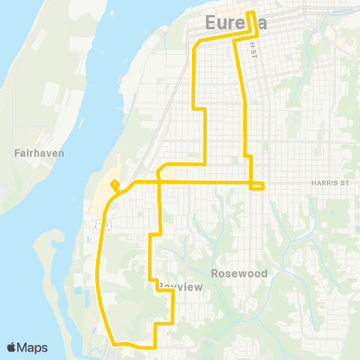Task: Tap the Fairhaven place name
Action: click(x=39, y=153)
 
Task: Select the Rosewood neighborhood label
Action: click(x=239, y=274)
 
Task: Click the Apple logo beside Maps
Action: click(x=12, y=347)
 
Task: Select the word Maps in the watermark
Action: click(x=32, y=347)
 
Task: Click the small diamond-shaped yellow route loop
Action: click(x=114, y=184)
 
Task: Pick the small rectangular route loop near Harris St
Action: click(x=256, y=185)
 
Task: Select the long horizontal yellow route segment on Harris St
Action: click(x=195, y=181)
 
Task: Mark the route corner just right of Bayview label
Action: click(x=173, y=293)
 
